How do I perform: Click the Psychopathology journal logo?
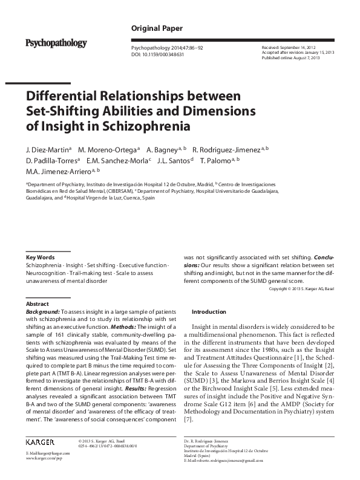[x=56, y=43]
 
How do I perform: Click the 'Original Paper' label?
[x=157, y=28]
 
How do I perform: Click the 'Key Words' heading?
[x=41, y=258]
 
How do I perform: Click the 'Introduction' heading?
[x=209, y=312]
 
